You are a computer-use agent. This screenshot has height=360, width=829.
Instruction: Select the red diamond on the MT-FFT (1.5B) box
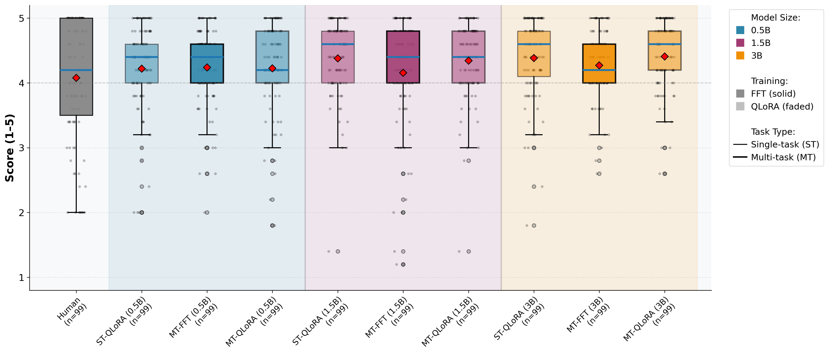(x=403, y=73)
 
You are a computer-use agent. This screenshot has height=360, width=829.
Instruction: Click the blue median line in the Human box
(x=76, y=70)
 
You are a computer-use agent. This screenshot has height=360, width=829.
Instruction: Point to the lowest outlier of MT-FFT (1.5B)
(x=403, y=264)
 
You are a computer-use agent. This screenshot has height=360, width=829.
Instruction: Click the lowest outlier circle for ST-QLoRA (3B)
(x=534, y=225)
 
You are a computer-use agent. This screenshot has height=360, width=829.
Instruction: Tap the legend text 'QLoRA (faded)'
(x=782, y=107)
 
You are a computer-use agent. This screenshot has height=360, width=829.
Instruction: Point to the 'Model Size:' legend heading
(x=775, y=18)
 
